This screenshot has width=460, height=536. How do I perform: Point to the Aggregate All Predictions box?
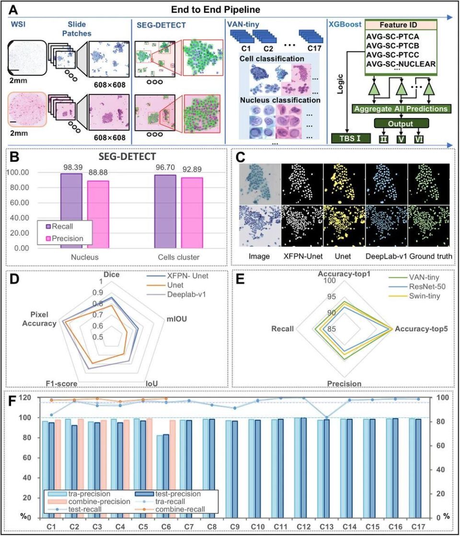401,109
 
